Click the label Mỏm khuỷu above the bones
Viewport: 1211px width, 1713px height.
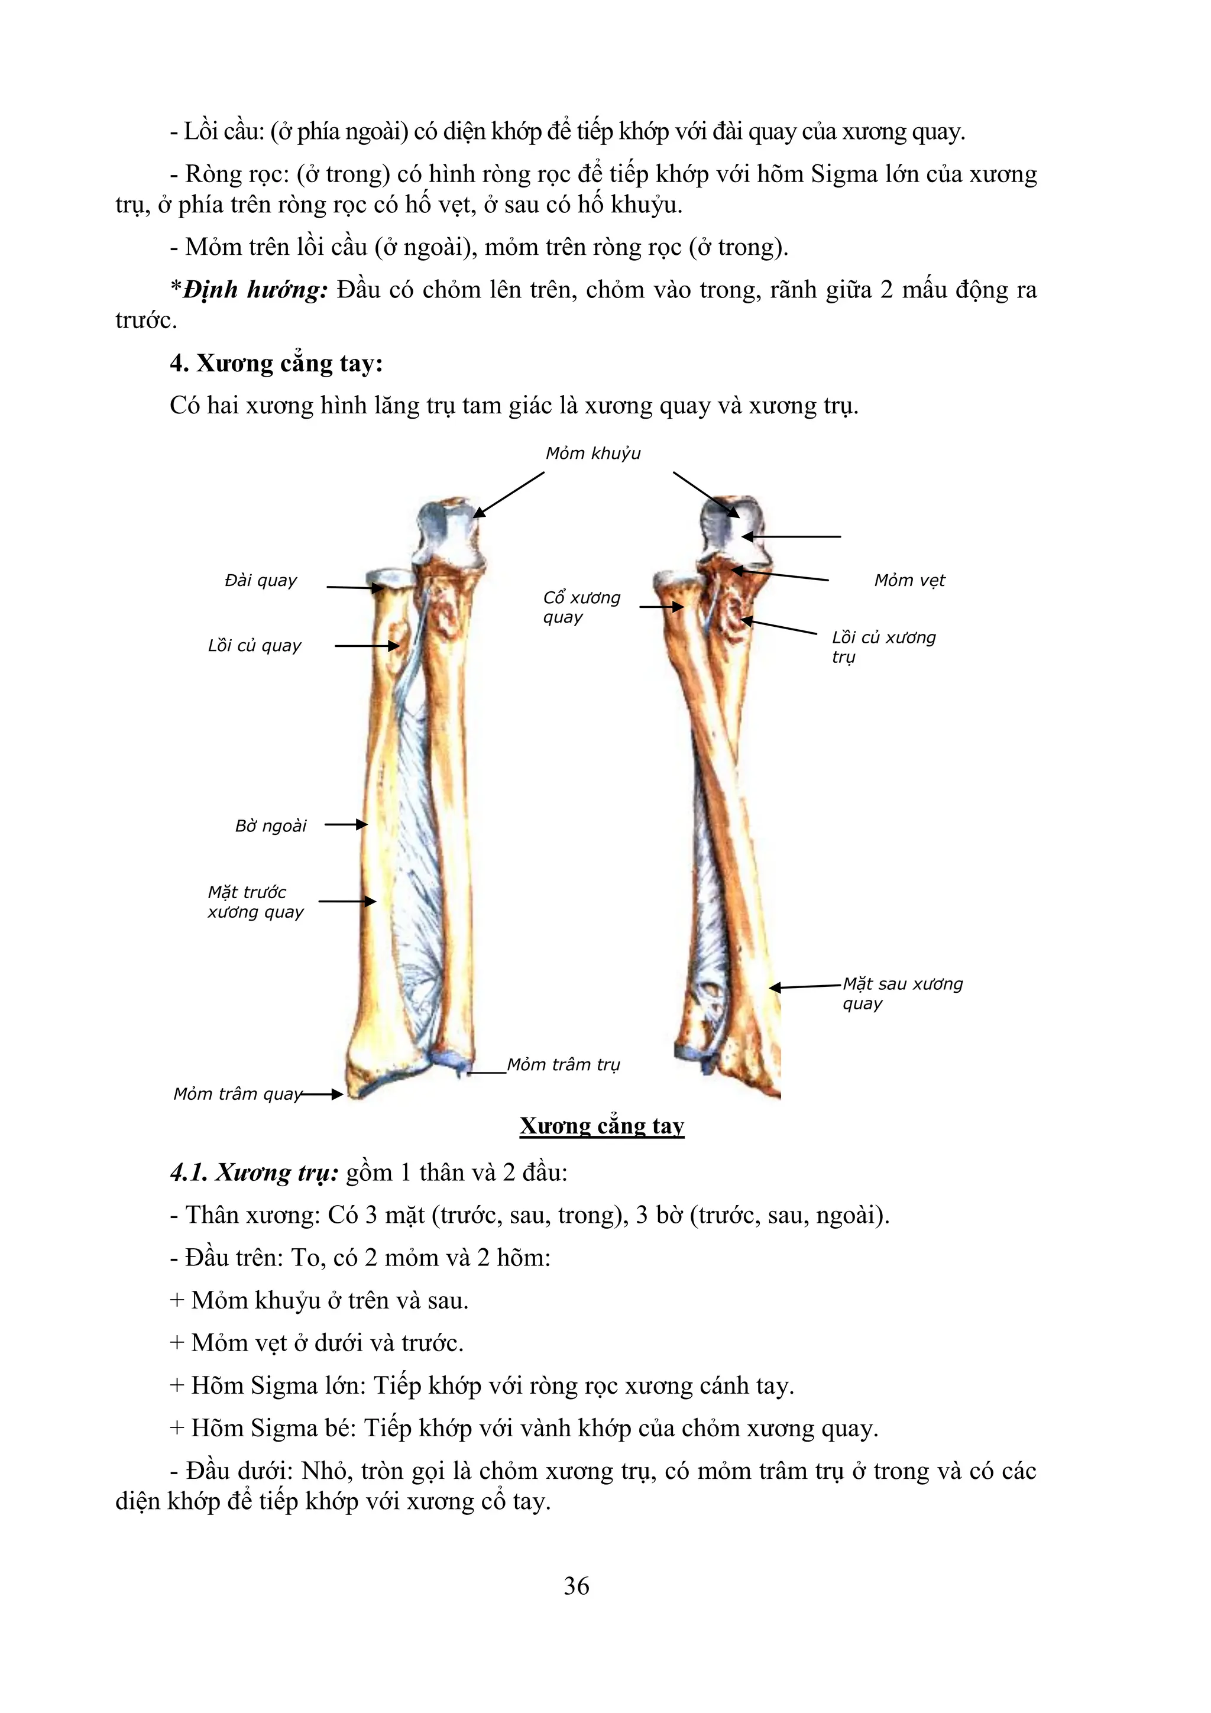592,454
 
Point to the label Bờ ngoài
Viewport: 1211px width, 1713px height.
270,826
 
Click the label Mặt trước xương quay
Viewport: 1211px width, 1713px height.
255,902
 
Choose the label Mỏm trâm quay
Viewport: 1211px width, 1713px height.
237,1094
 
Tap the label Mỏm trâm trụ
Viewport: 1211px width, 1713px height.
564,1065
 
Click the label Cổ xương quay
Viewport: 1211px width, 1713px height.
581,607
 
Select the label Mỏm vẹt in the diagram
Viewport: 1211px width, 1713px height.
909,581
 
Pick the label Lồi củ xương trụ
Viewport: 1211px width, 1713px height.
883,647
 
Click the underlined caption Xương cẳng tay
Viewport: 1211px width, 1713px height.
601,1126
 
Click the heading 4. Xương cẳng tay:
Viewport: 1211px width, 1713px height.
276,363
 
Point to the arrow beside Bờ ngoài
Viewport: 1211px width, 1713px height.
347,824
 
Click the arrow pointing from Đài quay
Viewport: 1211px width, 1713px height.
354,588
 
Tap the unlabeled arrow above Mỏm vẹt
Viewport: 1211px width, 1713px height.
791,536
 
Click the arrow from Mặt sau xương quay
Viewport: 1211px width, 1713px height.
806,986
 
